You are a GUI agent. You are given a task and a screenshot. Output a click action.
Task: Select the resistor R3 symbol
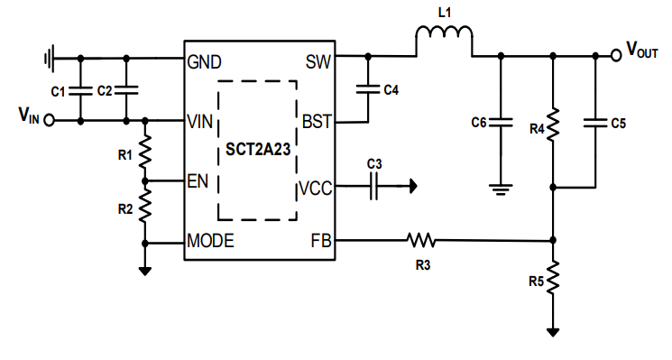(420, 240)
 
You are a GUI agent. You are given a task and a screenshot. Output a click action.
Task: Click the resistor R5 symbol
(553, 274)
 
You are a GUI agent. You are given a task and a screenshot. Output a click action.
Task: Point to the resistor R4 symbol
(553, 124)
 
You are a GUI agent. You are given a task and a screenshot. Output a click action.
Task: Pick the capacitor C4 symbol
(368, 88)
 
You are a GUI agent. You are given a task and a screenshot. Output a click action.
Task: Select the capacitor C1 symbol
(81, 90)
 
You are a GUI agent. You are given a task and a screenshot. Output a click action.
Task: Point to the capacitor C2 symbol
(126, 90)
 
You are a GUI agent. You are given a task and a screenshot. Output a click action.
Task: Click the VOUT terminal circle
(616, 54)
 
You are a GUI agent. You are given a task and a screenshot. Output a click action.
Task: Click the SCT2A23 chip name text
(258, 150)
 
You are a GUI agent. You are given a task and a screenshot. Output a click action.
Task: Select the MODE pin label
(210, 241)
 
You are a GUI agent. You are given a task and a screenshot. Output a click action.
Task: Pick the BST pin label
(317, 120)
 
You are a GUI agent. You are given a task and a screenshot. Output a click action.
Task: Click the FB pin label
(321, 241)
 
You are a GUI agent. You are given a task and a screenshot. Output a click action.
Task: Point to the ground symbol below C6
(502, 189)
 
